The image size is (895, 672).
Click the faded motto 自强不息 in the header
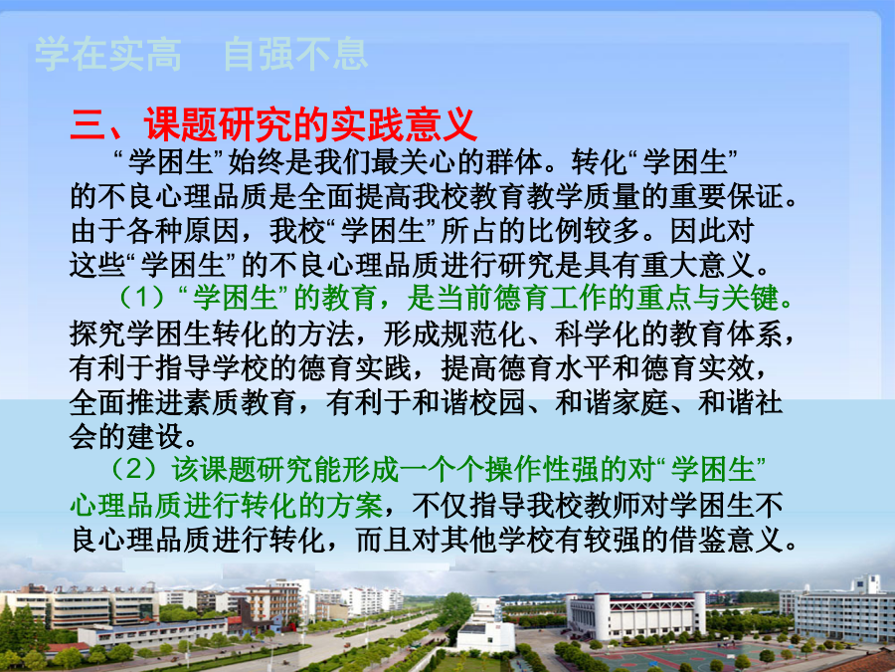pyautogui.click(x=295, y=55)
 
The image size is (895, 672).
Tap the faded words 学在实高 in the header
pyautogui.click(x=108, y=55)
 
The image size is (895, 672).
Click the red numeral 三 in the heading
pyautogui.click(x=88, y=124)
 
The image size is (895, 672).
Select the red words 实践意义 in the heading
pyautogui.click(x=403, y=124)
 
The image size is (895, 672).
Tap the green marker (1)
pyautogui.click(x=141, y=298)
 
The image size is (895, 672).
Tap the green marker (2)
pyautogui.click(x=133, y=470)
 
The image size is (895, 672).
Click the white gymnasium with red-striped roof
pyautogui.click(x=635, y=616)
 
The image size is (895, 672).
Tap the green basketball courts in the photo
pyautogui.click(x=679, y=658)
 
